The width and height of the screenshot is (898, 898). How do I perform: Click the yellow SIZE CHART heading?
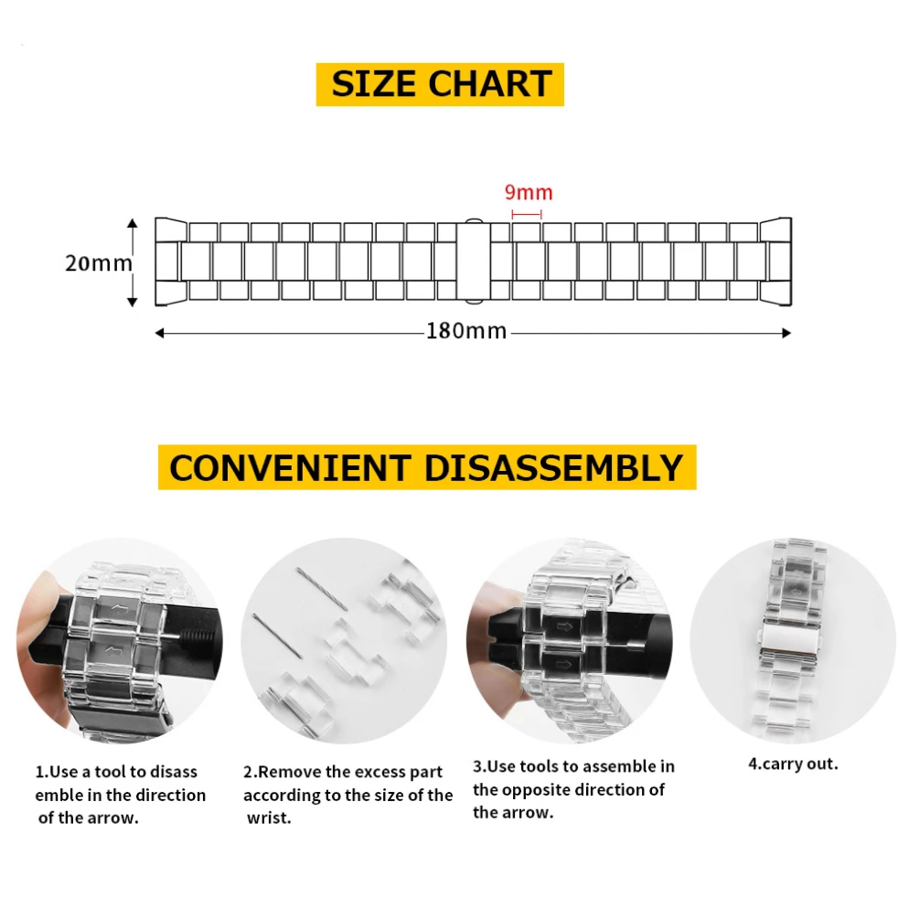(440, 84)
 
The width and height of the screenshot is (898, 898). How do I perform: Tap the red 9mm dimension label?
(529, 192)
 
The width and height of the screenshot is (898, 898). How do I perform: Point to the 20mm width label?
(99, 263)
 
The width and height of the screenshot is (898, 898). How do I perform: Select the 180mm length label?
(466, 331)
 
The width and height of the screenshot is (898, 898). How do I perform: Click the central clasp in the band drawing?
(473, 262)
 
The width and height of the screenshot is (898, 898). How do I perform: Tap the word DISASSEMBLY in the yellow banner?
(553, 468)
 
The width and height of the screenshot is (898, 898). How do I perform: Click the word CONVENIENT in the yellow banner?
(291, 468)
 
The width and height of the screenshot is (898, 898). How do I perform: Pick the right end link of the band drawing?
(776, 262)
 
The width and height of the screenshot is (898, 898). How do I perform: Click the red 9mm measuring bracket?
(527, 214)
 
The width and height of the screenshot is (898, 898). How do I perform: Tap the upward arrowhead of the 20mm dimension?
(133, 223)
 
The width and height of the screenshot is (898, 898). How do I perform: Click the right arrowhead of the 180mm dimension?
(786, 333)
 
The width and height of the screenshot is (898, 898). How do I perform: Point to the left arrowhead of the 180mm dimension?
(160, 333)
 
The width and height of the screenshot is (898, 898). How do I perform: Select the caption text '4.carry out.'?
(793, 764)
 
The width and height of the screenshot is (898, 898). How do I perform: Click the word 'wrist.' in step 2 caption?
(269, 818)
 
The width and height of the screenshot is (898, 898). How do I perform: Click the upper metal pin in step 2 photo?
(322, 588)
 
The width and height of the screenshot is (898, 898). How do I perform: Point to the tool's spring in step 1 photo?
(198, 636)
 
